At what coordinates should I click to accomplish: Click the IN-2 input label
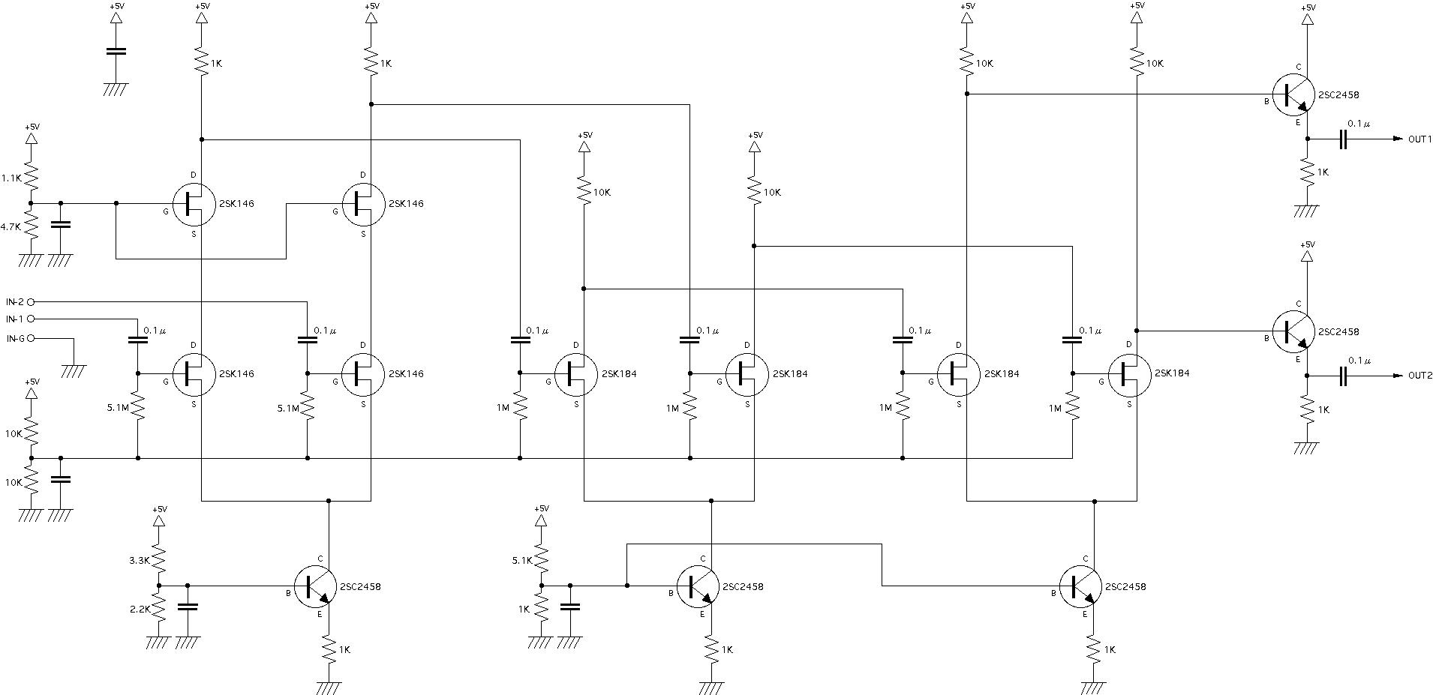pyautogui.click(x=15, y=301)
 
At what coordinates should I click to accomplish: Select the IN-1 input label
pyautogui.click(x=15, y=319)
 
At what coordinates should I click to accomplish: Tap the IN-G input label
pyautogui.click(x=15, y=339)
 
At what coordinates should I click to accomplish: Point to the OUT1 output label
pyautogui.click(x=1420, y=139)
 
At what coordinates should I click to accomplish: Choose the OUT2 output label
pyautogui.click(x=1420, y=376)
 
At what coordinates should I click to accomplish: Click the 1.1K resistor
pyautogui.click(x=32, y=178)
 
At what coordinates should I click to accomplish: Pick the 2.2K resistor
pyautogui.click(x=159, y=609)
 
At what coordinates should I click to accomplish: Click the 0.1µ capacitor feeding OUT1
pyautogui.click(x=1344, y=139)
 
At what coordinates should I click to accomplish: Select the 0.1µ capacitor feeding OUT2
pyautogui.click(x=1344, y=376)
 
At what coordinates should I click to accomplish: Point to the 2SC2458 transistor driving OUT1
pyautogui.click(x=1293, y=94)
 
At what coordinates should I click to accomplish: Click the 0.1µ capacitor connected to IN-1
pyautogui.click(x=138, y=340)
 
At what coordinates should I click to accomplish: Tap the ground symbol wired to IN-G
pyautogui.click(x=74, y=369)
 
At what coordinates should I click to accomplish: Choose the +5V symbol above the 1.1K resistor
pyautogui.click(x=32, y=139)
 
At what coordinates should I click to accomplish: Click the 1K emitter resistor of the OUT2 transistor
pyautogui.click(x=1308, y=409)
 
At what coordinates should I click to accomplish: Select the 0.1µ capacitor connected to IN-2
pyautogui.click(x=308, y=340)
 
